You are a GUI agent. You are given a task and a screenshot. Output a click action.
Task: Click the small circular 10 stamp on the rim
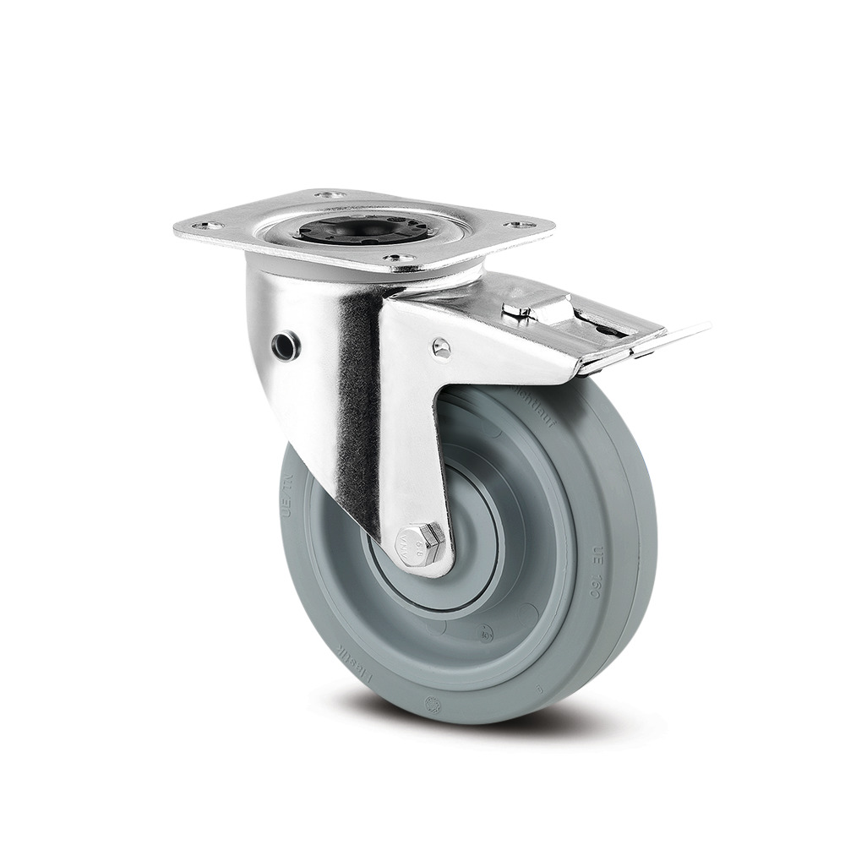coord(486,628)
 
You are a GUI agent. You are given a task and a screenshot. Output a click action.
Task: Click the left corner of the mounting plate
coord(177,230)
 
